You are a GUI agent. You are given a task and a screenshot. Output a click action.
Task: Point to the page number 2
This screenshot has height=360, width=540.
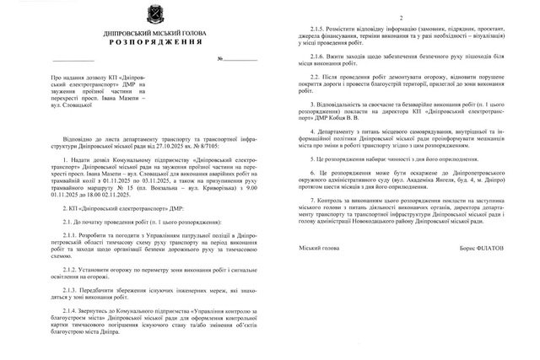tap(401, 18)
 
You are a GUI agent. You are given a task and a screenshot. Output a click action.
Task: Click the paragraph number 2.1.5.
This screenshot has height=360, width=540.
tap(323, 29)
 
